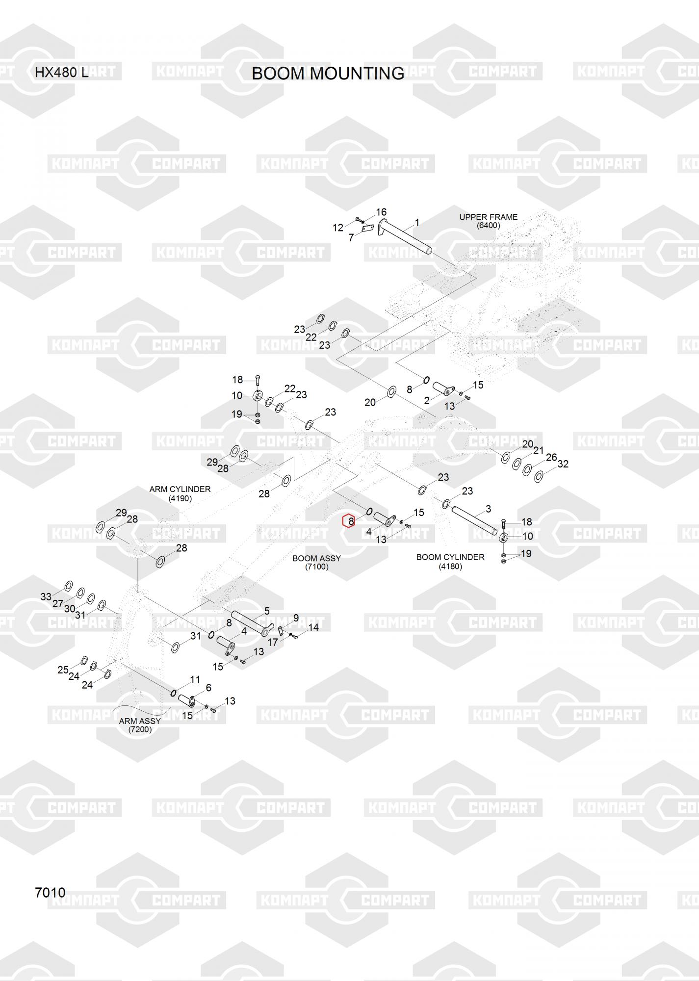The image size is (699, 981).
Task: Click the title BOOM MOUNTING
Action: point(328,74)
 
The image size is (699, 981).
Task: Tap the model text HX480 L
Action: point(61,73)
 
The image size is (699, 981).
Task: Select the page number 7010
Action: point(50,893)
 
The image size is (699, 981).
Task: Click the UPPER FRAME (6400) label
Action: point(488,221)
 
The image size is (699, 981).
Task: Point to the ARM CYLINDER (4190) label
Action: point(180,493)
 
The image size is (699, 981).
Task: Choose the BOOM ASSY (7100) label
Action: point(316,563)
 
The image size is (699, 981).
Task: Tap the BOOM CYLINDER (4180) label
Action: point(450,562)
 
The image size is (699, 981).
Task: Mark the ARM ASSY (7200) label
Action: point(140,725)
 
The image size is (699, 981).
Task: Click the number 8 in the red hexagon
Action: point(349,521)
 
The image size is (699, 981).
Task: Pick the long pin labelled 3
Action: point(475,518)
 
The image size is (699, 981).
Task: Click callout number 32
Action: point(563,464)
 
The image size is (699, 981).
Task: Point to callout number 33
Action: point(46,596)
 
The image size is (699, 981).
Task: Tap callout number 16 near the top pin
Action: point(381,212)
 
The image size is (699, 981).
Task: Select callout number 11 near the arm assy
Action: point(195,680)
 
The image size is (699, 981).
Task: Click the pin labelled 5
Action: point(250,622)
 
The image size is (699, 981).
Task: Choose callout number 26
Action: point(551,457)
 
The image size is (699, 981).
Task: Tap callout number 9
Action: point(296,618)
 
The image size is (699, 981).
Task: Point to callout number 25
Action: point(63,670)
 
